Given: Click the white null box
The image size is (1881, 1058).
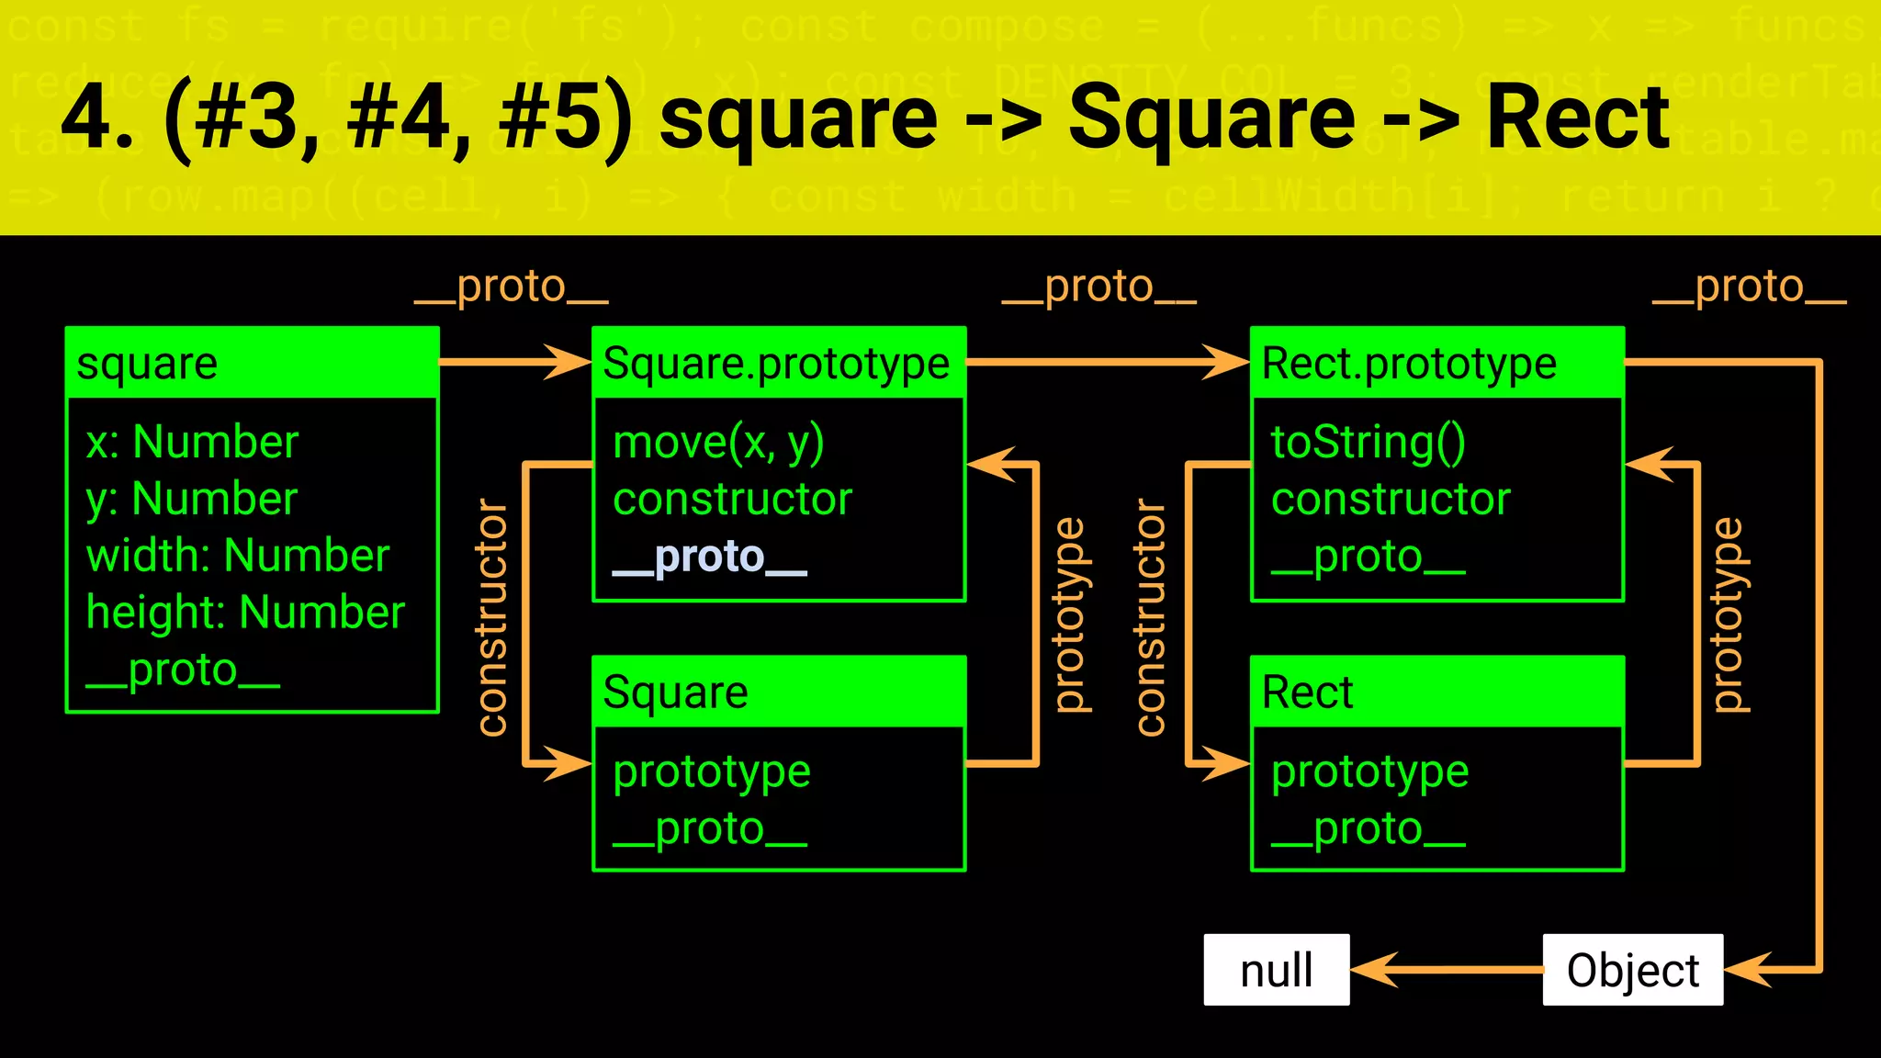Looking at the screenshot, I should pos(1276,970).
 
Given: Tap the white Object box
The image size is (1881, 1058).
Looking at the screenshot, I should pos(1632,970).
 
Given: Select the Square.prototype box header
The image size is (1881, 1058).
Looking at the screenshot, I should pos(778,363).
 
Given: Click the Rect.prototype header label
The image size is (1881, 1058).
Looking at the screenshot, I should pos(1409,363).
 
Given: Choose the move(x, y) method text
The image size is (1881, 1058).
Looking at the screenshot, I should pos(718,443).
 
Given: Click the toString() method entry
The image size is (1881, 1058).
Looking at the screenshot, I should pos(1368,443).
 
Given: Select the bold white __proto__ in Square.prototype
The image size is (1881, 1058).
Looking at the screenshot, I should pos(710,557).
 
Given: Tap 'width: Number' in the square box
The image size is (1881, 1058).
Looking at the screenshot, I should pos(238,556).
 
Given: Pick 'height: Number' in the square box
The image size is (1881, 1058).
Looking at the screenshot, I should pos(245,613).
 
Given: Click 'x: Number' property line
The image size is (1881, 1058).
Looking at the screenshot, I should pos(192,442).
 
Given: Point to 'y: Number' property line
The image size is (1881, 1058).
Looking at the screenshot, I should pos(191,499).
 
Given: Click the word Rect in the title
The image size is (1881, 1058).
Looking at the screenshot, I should pos(1577,118).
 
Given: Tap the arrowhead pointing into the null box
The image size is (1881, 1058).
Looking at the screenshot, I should pos(1374,970).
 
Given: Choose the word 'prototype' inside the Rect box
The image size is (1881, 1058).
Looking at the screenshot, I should pos(1369,771).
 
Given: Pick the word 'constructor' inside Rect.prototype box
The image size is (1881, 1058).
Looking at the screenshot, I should pos(1391,500).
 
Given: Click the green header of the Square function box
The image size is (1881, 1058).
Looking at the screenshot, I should pos(778,692).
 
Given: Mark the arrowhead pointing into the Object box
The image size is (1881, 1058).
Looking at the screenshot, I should pos(1747,970).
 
